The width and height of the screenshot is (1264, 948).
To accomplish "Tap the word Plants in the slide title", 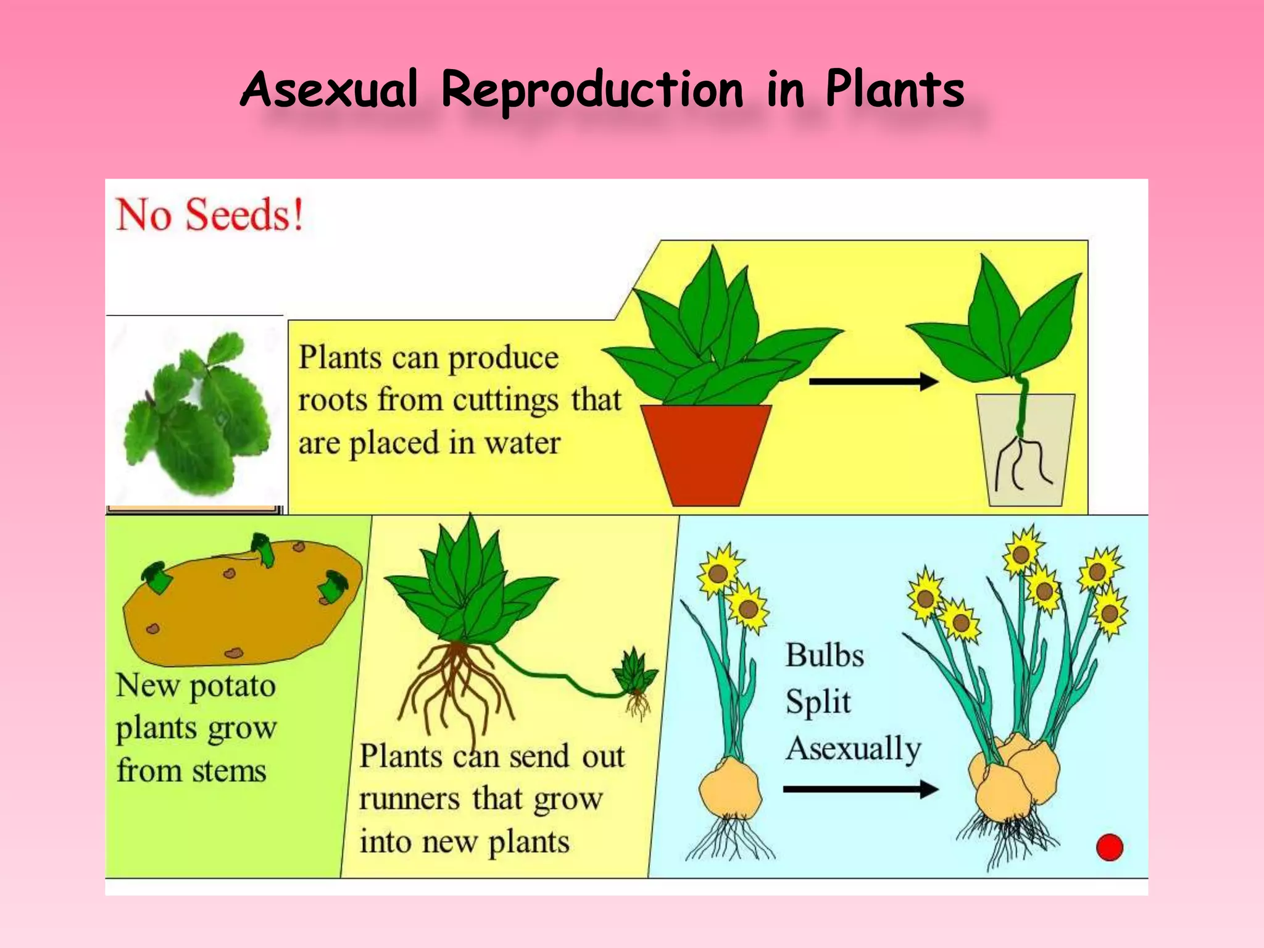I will click(x=894, y=89).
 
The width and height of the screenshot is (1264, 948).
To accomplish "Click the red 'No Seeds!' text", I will click(x=210, y=215).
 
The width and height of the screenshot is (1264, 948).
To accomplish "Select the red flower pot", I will click(x=706, y=454).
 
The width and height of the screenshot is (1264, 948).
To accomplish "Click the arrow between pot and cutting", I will click(x=873, y=381).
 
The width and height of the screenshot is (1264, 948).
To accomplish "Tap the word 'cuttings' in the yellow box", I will click(x=505, y=400).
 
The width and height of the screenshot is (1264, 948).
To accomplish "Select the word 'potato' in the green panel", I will click(x=232, y=686).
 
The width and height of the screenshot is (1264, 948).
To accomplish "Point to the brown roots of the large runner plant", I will click(x=455, y=685).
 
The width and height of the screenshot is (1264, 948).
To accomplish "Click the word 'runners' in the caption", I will click(x=410, y=799).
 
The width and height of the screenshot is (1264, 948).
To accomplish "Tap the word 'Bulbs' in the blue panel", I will click(x=825, y=655).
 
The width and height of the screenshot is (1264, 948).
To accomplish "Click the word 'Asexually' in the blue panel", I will click(x=854, y=749).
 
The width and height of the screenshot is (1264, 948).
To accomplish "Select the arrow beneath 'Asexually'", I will click(x=860, y=789).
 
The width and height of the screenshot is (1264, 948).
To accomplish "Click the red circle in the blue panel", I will click(x=1109, y=847).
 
